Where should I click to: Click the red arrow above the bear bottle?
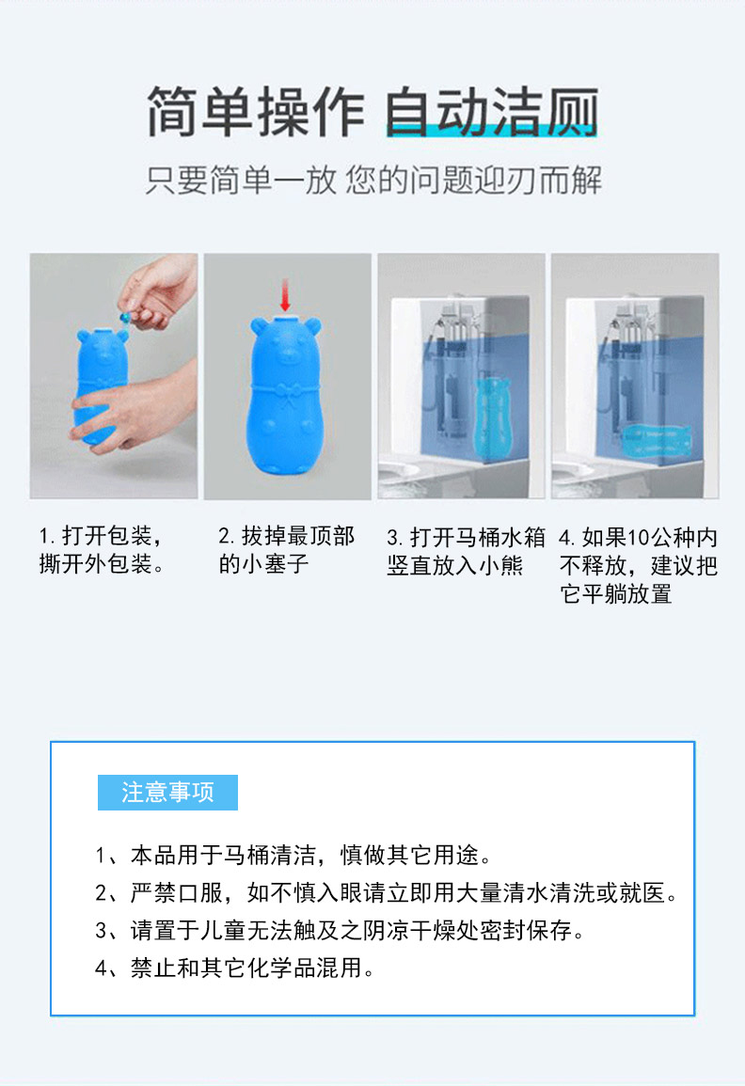284,295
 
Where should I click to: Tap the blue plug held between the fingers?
125,317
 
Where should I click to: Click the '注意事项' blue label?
167,793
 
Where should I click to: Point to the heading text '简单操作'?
255,112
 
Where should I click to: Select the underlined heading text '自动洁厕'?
491,112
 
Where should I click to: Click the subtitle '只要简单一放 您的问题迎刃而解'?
373,181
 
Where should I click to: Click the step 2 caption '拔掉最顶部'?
297,535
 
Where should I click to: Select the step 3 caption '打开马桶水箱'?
478,537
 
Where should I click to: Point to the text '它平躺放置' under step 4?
616,593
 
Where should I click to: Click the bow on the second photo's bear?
286,394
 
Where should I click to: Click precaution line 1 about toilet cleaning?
293,856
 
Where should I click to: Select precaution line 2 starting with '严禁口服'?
387,892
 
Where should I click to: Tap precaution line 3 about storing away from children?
341,930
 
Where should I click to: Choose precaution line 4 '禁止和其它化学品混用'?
235,968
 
